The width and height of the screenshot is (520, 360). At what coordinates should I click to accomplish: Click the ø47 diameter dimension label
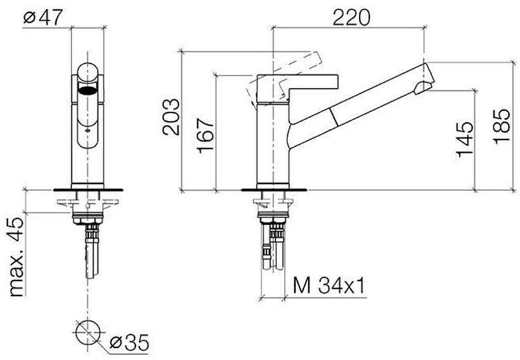43,17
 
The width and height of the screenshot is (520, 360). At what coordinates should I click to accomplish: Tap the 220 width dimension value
351,18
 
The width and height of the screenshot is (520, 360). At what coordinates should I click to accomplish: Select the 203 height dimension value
171,117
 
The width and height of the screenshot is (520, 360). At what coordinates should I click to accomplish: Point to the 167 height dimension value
205,136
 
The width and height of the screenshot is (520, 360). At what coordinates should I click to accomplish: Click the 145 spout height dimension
465,139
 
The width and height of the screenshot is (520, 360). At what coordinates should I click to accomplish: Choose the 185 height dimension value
501,126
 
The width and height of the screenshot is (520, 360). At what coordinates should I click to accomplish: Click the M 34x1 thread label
329,286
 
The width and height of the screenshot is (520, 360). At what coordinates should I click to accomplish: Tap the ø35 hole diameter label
129,342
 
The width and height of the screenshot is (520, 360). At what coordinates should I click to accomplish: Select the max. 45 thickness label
17,257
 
